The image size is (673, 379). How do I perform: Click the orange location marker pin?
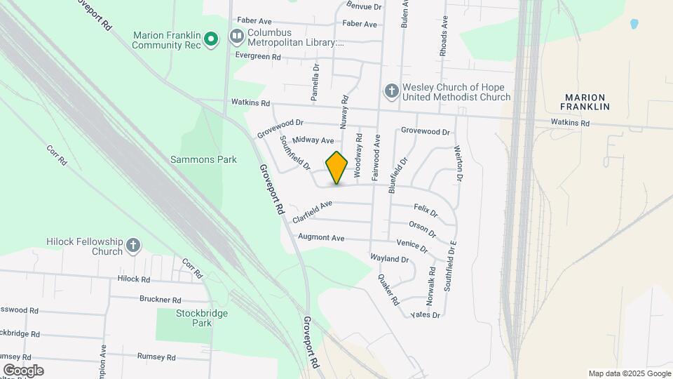(337, 167)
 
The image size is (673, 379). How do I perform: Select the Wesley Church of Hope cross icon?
(391, 91)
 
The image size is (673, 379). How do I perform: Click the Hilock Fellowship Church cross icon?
(133, 246)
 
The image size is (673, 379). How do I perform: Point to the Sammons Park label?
(203, 159)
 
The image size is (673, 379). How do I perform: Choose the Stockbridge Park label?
(203, 318)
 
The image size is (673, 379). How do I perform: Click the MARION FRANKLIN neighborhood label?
(585, 101)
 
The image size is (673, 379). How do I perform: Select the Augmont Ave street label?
(321, 237)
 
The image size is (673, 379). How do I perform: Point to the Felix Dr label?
(426, 209)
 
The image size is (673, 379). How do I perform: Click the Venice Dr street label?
(412, 245)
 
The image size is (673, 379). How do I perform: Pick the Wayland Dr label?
(389, 259)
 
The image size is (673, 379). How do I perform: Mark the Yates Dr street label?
(426, 315)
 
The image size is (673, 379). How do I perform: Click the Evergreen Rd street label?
(257, 56)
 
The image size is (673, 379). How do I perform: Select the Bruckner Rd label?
(161, 298)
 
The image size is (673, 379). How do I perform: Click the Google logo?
(22, 370)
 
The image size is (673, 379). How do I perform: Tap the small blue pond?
(634, 24)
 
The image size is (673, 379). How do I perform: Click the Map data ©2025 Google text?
(630, 373)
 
